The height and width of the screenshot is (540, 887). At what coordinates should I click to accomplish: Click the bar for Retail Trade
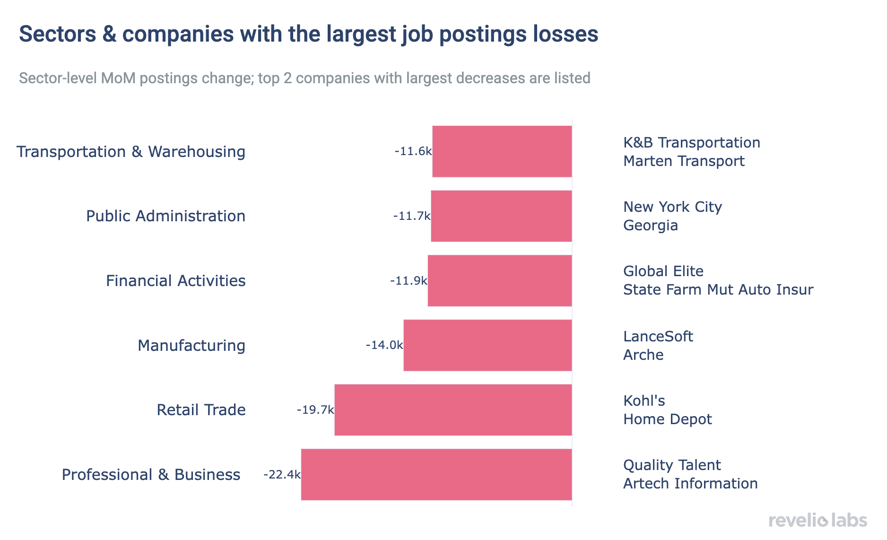pos(453,410)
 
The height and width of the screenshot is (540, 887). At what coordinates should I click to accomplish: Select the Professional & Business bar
pos(436,474)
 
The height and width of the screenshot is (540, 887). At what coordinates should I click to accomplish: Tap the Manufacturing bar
pos(487,345)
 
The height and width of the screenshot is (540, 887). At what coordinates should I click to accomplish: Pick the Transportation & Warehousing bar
pos(502,151)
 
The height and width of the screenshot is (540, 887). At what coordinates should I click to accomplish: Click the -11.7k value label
pos(411,216)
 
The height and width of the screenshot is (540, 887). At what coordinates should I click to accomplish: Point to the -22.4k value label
pos(282,474)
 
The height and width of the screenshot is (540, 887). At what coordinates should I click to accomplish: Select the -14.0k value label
pos(384,345)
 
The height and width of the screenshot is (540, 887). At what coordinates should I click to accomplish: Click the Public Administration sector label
pos(165,216)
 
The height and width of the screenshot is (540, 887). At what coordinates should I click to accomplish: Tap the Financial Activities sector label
pos(175,281)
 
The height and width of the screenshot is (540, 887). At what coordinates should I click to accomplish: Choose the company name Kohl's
pos(644,401)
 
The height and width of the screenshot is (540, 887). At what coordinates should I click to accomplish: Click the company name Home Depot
pos(667,419)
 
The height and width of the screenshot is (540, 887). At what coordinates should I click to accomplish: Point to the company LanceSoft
pos(658,336)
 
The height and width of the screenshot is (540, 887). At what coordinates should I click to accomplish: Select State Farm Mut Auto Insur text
pos(718,290)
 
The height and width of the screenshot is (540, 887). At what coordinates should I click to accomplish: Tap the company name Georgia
pos(650,226)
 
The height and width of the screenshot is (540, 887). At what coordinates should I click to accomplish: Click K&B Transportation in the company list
pos(691,142)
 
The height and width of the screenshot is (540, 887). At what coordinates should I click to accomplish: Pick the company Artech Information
pos(690,484)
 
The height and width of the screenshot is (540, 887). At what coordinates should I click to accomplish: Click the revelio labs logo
pos(817,520)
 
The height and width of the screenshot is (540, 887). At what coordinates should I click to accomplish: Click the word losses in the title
pos(565,34)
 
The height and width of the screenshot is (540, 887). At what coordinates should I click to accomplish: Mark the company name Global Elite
pos(663,271)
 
